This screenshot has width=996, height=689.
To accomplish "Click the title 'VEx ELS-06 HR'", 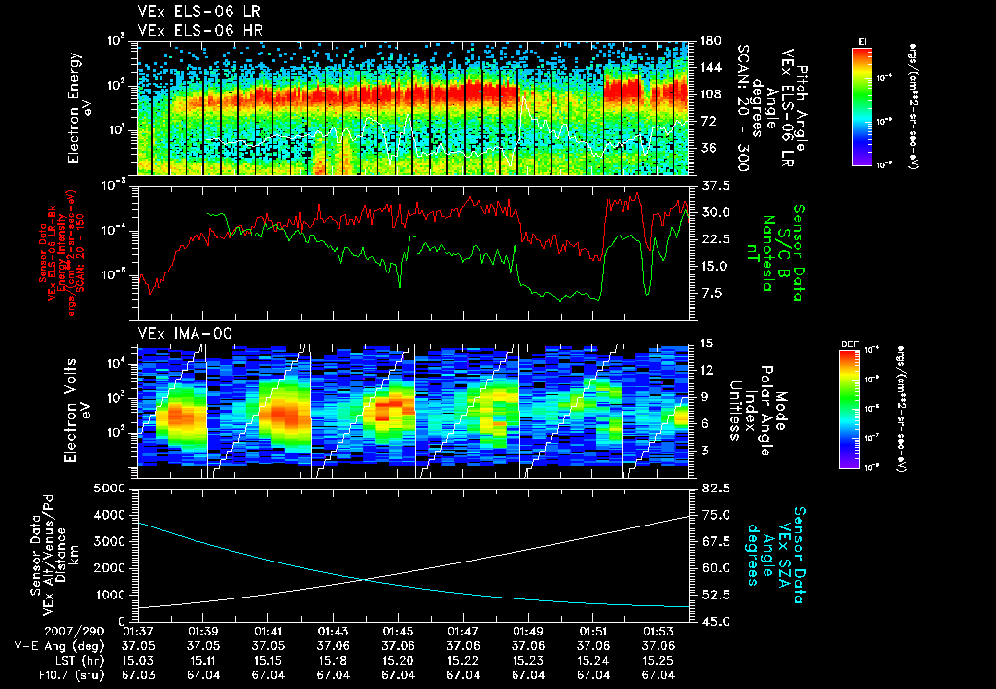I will (190, 29).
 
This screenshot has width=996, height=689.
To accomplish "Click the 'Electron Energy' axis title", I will (75, 107).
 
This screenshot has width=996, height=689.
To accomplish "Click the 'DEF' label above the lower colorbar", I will (849, 344).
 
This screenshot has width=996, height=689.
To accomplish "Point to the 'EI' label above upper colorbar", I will (861, 40).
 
